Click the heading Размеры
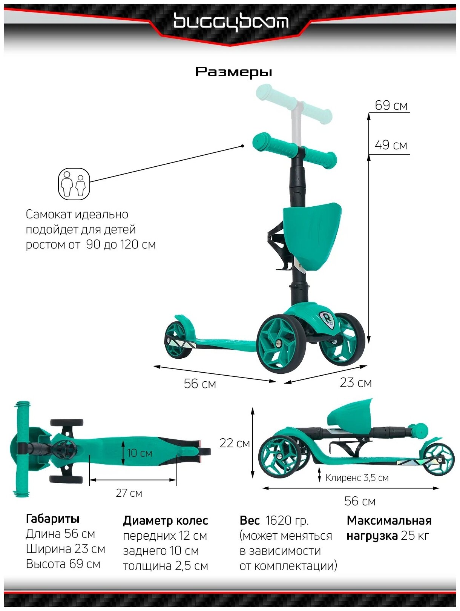coord(233,72)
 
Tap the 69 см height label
coord(391,106)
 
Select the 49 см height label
coord(391,145)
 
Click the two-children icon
coord(74,184)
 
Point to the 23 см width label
coord(356,383)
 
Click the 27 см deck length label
coord(129,493)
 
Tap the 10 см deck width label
coord(139,453)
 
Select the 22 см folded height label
coord(235,443)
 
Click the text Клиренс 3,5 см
coord(357,478)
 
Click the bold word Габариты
coord(52,519)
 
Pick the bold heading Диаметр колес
coord(165,521)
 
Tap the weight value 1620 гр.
coord(287,521)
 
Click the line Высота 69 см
coord(63,564)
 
